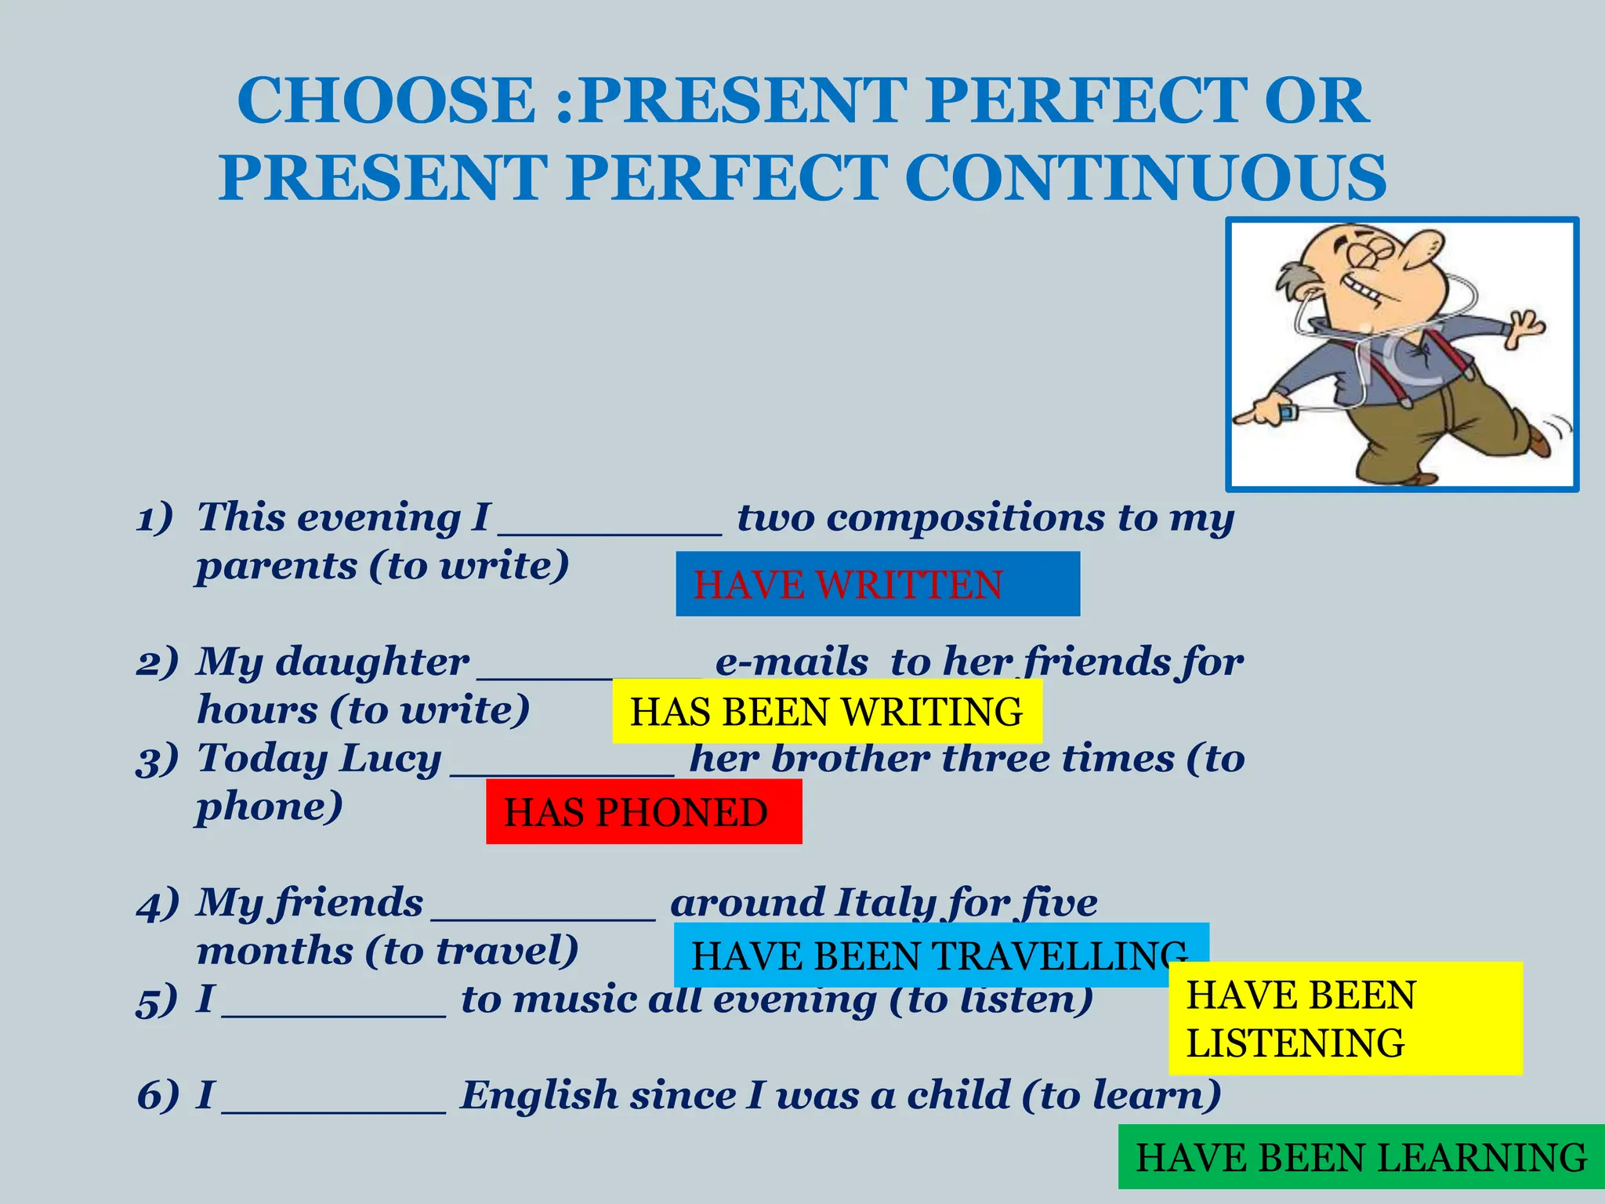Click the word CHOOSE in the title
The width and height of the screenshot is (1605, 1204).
(386, 100)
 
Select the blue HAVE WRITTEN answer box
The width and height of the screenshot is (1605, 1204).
(877, 584)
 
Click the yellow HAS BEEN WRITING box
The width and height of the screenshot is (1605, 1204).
(826, 711)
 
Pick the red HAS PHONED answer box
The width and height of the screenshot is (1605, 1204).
(643, 811)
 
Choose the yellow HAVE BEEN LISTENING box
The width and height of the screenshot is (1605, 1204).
(1345, 1018)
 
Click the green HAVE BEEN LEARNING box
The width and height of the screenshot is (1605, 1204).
(1360, 1157)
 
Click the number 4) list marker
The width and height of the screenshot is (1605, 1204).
(157, 904)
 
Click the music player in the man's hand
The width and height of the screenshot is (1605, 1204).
(1286, 412)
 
